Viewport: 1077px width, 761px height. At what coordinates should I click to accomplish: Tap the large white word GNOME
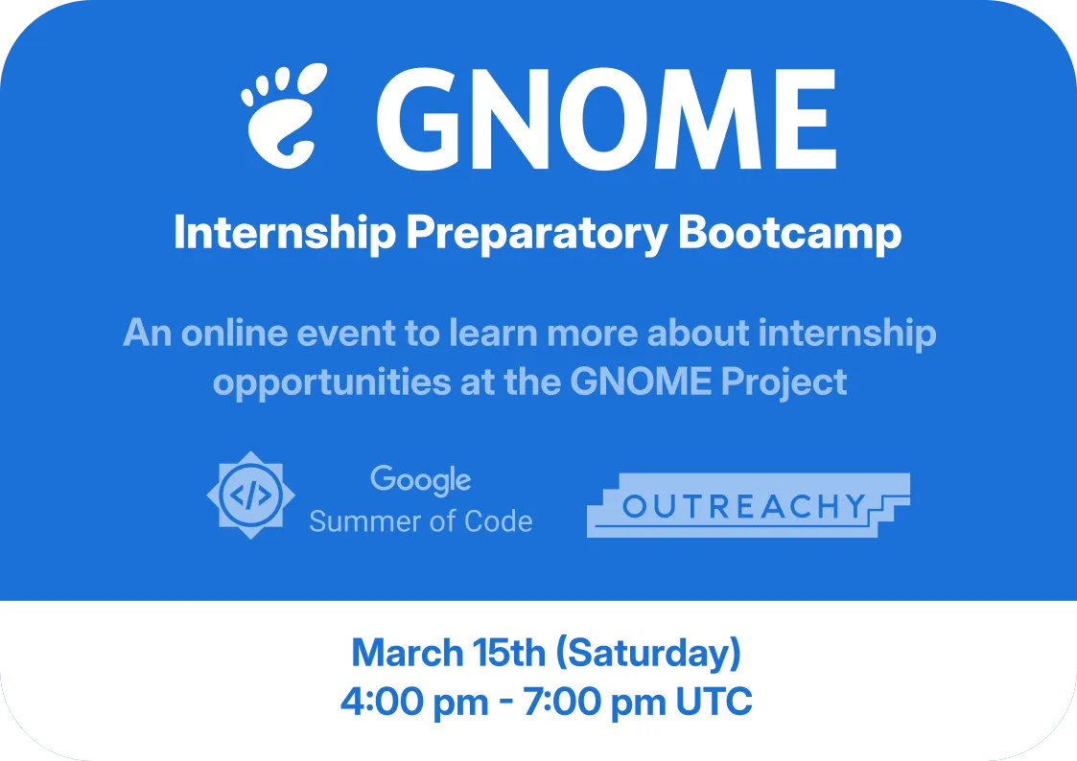[606, 118]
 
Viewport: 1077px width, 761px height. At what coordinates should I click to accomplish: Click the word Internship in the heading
[285, 233]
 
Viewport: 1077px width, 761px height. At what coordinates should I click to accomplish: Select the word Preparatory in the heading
[536, 234]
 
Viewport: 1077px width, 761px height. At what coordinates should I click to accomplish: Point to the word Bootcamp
[789, 234]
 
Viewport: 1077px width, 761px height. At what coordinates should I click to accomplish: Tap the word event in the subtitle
[346, 334]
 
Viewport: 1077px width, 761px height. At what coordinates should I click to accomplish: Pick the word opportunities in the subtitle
[332, 383]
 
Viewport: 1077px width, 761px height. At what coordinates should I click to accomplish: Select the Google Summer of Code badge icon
[250, 495]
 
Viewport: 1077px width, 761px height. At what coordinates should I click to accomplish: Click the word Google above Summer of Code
[420, 480]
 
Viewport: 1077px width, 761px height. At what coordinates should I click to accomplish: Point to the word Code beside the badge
[499, 521]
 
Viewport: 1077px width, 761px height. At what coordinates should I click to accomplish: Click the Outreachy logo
[748, 505]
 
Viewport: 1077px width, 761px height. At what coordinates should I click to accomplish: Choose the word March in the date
[408, 653]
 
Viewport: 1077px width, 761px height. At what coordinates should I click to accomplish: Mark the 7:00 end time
[560, 702]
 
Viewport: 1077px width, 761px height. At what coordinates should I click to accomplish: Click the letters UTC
[714, 702]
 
